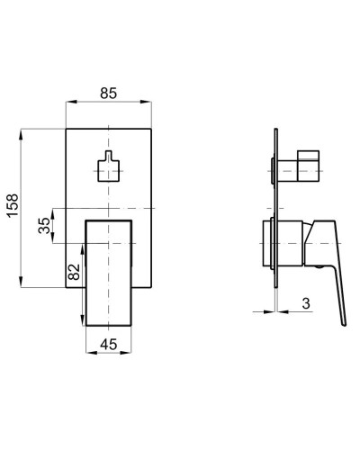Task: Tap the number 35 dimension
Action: (45, 226)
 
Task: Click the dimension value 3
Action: (306, 303)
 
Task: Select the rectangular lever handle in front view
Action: (107, 270)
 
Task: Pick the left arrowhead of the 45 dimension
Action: (87, 354)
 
